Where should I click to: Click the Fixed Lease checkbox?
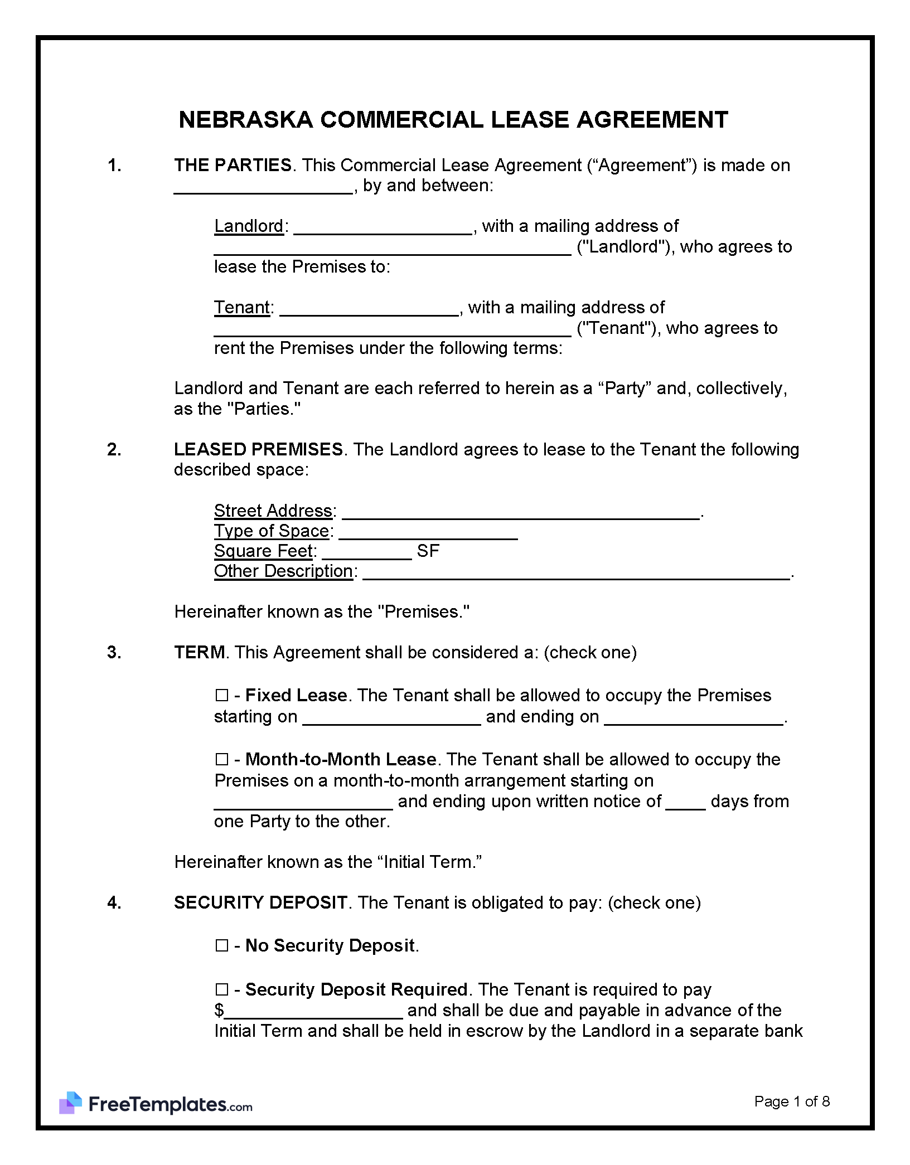coord(221,696)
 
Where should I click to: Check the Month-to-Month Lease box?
coord(221,760)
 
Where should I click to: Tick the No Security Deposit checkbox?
coord(221,946)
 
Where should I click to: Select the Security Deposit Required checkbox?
coord(221,990)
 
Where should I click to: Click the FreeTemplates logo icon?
coord(71,1103)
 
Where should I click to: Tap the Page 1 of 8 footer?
coord(792,1101)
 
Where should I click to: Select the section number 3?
coord(114,653)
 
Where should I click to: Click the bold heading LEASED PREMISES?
coord(258,450)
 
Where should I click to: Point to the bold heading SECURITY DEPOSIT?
coord(260,903)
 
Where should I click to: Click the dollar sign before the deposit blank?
coord(219,1011)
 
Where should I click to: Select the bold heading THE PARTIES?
coord(233,166)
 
